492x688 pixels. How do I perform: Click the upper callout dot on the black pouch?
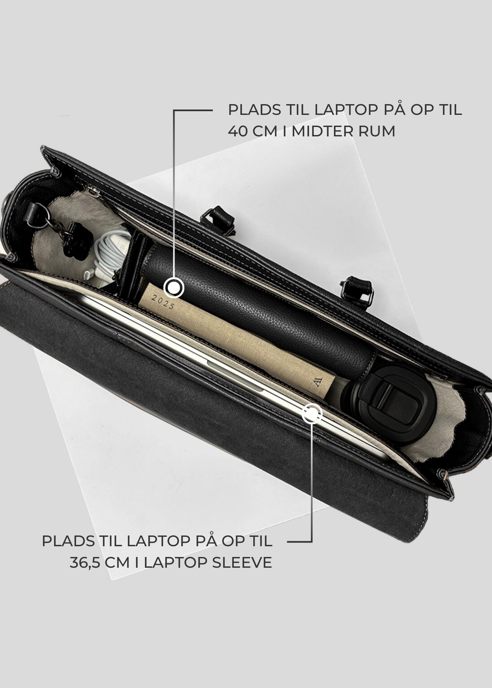[174, 288]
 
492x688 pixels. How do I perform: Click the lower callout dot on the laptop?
[312, 414]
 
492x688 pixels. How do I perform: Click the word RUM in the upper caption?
[378, 131]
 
